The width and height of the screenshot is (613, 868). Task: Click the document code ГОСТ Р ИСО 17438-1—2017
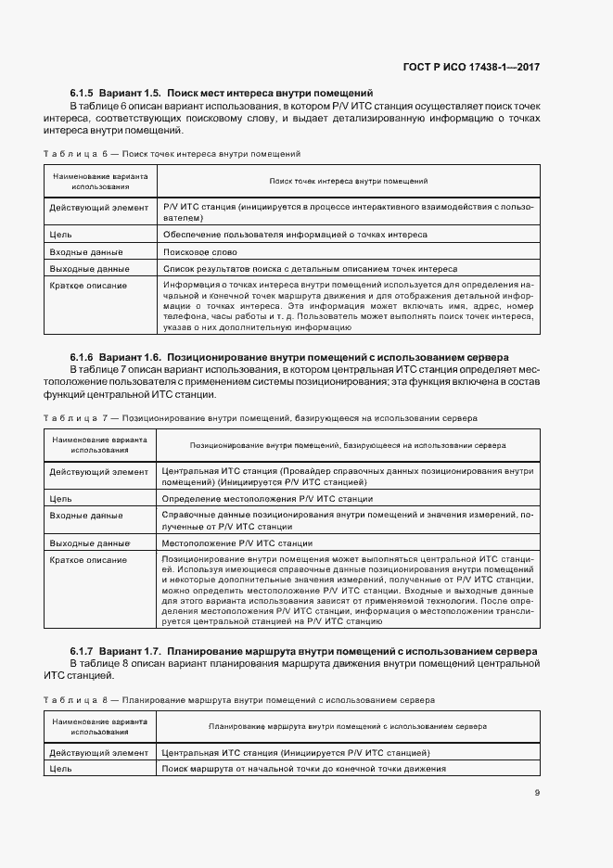point(472,68)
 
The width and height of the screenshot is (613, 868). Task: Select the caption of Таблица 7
point(261,418)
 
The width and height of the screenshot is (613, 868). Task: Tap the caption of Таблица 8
point(241,699)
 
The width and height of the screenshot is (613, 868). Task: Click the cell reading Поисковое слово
point(198,252)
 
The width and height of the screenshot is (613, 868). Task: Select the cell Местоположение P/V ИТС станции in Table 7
point(236,543)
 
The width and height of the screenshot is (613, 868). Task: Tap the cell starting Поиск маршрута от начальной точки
point(303,769)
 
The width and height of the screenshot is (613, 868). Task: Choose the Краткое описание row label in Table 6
point(88,286)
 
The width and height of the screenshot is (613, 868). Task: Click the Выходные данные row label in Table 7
point(89,543)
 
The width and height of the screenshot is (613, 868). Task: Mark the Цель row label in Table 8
point(60,769)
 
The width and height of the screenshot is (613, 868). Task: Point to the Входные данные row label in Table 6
point(85,252)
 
